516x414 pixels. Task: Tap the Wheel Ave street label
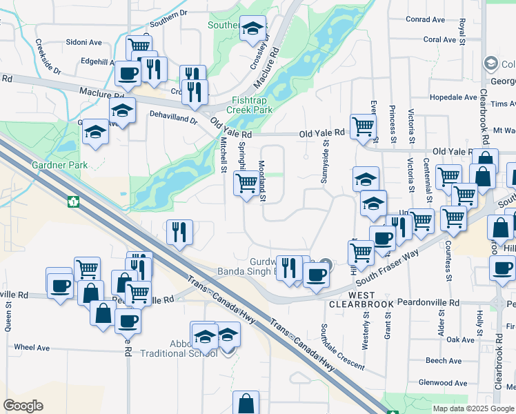[34, 347]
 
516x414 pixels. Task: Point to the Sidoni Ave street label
[84, 42]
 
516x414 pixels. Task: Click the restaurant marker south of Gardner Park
[179, 232]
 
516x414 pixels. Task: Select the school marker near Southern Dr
[254, 30]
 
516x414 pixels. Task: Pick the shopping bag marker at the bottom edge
[246, 403]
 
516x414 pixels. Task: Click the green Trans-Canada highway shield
[74, 202]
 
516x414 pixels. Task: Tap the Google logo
[23, 405]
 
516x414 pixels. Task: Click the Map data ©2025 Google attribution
[473, 408]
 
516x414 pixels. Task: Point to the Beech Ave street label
[443, 361]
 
